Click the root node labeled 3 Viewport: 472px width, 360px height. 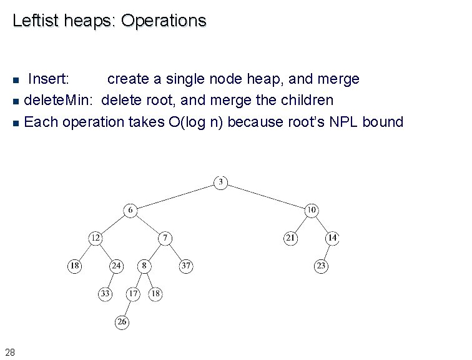(x=220, y=182)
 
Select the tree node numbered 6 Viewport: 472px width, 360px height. (x=130, y=210)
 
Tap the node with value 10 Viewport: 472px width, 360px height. (x=312, y=210)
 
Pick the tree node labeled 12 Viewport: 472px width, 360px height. (x=95, y=238)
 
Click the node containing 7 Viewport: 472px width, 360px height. (x=165, y=238)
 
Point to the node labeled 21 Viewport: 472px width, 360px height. (x=290, y=238)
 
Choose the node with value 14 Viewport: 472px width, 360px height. (x=332, y=238)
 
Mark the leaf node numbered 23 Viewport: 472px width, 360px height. (x=321, y=266)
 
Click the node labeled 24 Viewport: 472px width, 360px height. (x=116, y=266)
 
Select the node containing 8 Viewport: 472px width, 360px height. (x=144, y=266)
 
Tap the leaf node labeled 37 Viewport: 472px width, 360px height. (x=185, y=266)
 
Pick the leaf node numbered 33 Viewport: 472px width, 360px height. (x=106, y=294)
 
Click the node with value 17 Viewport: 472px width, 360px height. (x=133, y=294)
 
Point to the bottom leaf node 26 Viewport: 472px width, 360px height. (x=122, y=322)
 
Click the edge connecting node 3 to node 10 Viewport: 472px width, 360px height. (x=266, y=196)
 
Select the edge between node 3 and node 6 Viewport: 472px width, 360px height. (x=175, y=196)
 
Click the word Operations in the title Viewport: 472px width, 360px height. (x=163, y=21)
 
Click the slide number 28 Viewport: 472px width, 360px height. (x=10, y=351)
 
